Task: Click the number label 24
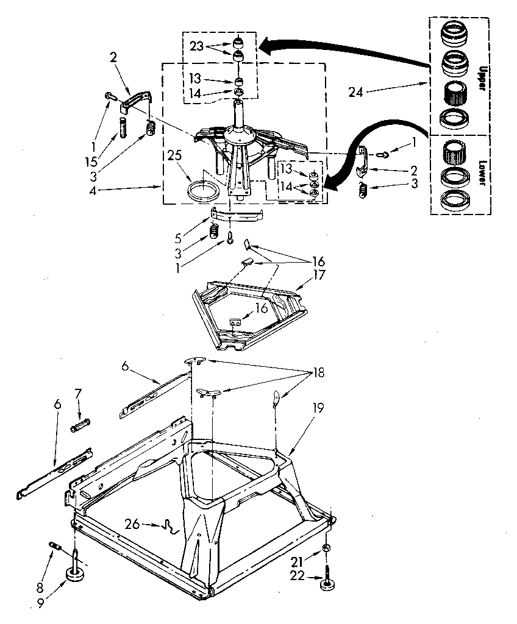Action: point(357,92)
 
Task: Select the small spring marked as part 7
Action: point(81,424)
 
